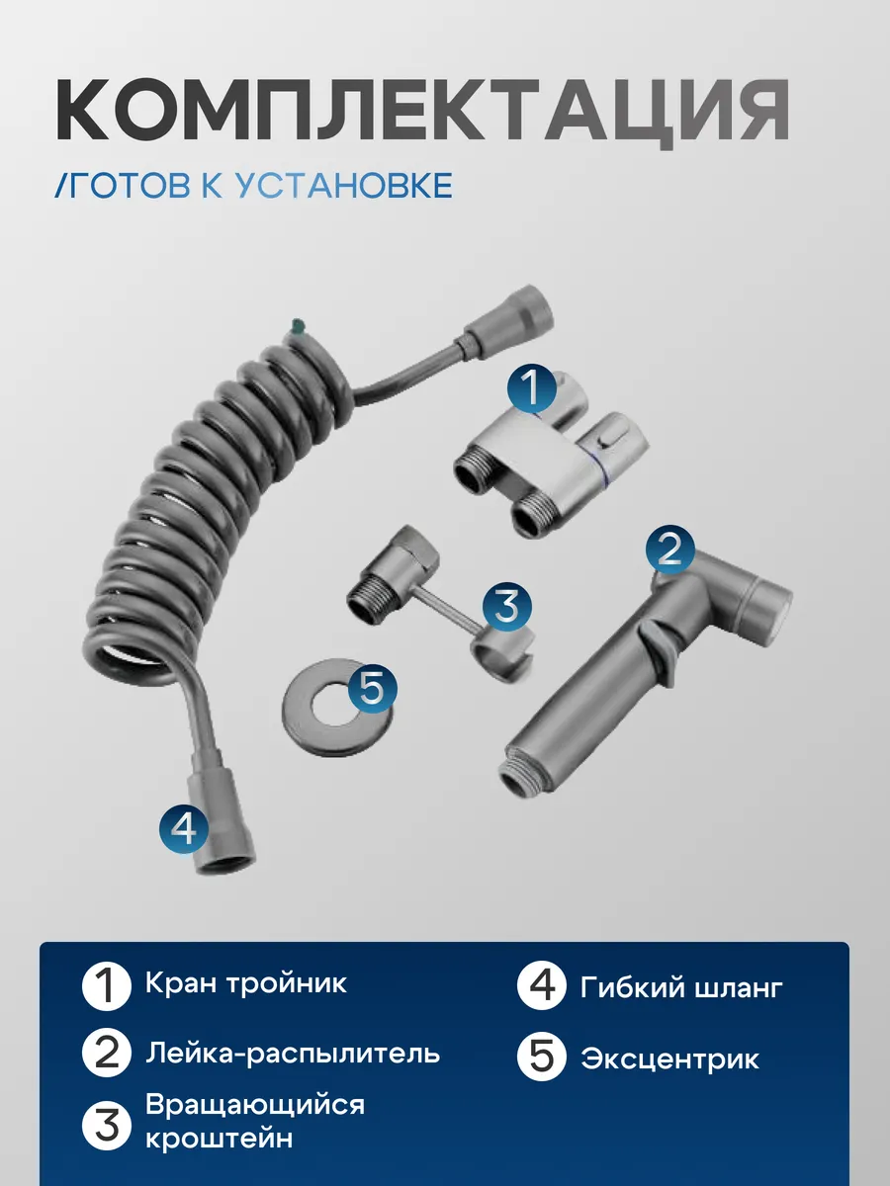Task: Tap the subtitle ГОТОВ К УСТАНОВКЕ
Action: [254, 185]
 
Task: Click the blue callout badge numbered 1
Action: [533, 389]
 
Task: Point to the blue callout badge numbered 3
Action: [506, 607]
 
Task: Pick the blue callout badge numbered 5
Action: [371, 687]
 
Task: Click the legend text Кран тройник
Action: [246, 984]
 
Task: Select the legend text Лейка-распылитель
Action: [293, 1053]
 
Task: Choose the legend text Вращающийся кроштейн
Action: [255, 1121]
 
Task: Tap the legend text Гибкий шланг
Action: [681, 986]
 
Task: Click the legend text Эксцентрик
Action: [670, 1059]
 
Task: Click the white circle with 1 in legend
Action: [106, 986]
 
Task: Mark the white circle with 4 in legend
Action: [541, 986]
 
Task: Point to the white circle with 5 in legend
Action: [541, 1059]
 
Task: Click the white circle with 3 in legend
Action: [106, 1122]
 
